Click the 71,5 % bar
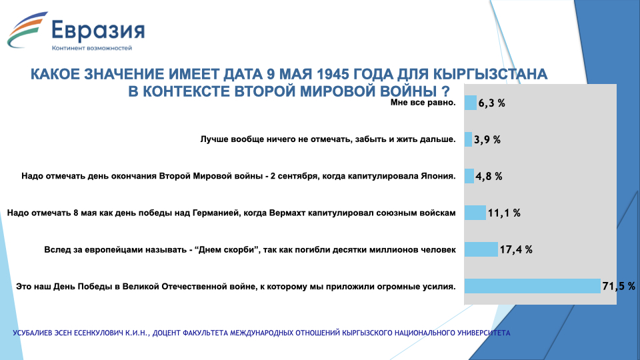(532, 286)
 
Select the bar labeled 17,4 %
(481, 249)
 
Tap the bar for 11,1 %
(475, 213)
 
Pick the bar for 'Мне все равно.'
(471, 103)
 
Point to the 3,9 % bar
(468, 139)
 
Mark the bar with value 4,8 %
(469, 176)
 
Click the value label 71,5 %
(619, 286)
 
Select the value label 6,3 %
(492, 103)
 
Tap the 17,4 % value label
(516, 249)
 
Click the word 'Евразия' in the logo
(98, 31)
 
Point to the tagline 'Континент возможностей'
(92, 48)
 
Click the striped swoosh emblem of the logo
(27, 30)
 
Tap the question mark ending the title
(446, 91)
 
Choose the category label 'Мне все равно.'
(423, 103)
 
